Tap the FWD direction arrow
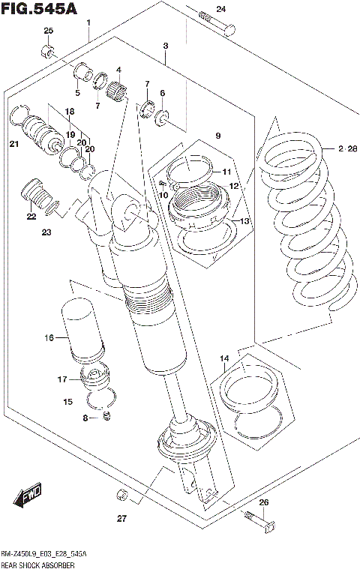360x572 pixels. point(28,496)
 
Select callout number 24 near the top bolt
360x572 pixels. point(220,9)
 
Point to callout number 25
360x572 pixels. point(49,31)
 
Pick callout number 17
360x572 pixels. point(63,379)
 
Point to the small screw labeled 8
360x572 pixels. point(106,416)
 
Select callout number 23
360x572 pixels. point(46,232)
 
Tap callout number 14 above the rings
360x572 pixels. point(223,360)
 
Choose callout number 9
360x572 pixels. point(218,136)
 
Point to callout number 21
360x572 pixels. point(13,144)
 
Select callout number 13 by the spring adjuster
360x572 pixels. point(243,221)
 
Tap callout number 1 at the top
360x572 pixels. point(88,23)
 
